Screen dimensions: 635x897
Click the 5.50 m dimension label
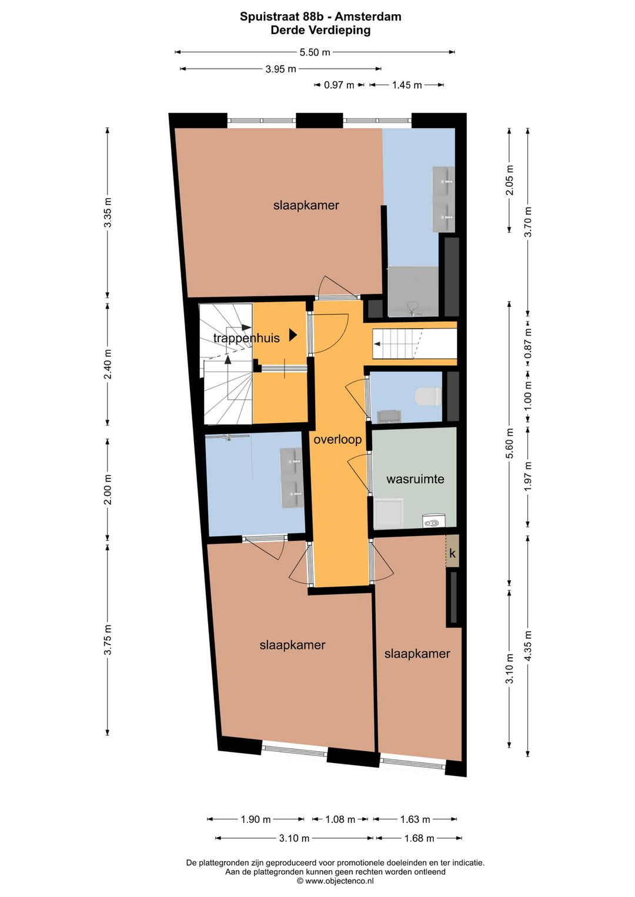click(x=315, y=52)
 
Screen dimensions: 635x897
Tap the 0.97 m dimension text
click(x=339, y=85)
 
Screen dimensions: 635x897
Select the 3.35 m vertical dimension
click(x=108, y=213)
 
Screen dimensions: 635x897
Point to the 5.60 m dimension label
click(x=509, y=443)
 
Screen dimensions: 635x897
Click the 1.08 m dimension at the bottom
click(x=340, y=819)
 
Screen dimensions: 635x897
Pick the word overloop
click(x=337, y=440)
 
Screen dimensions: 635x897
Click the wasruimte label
click(x=415, y=479)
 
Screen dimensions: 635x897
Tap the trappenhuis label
click(x=246, y=338)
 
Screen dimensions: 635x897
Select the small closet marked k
click(x=452, y=551)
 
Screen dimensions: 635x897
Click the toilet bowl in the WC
click(x=428, y=396)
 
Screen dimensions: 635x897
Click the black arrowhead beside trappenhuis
click(x=293, y=335)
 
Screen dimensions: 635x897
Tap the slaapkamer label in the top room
click(x=306, y=205)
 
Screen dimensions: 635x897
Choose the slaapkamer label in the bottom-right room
click(x=417, y=654)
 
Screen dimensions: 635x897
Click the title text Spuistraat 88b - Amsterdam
click(x=320, y=16)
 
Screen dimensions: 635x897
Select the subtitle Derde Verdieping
click(x=320, y=30)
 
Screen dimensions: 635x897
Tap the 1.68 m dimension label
click(x=419, y=838)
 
